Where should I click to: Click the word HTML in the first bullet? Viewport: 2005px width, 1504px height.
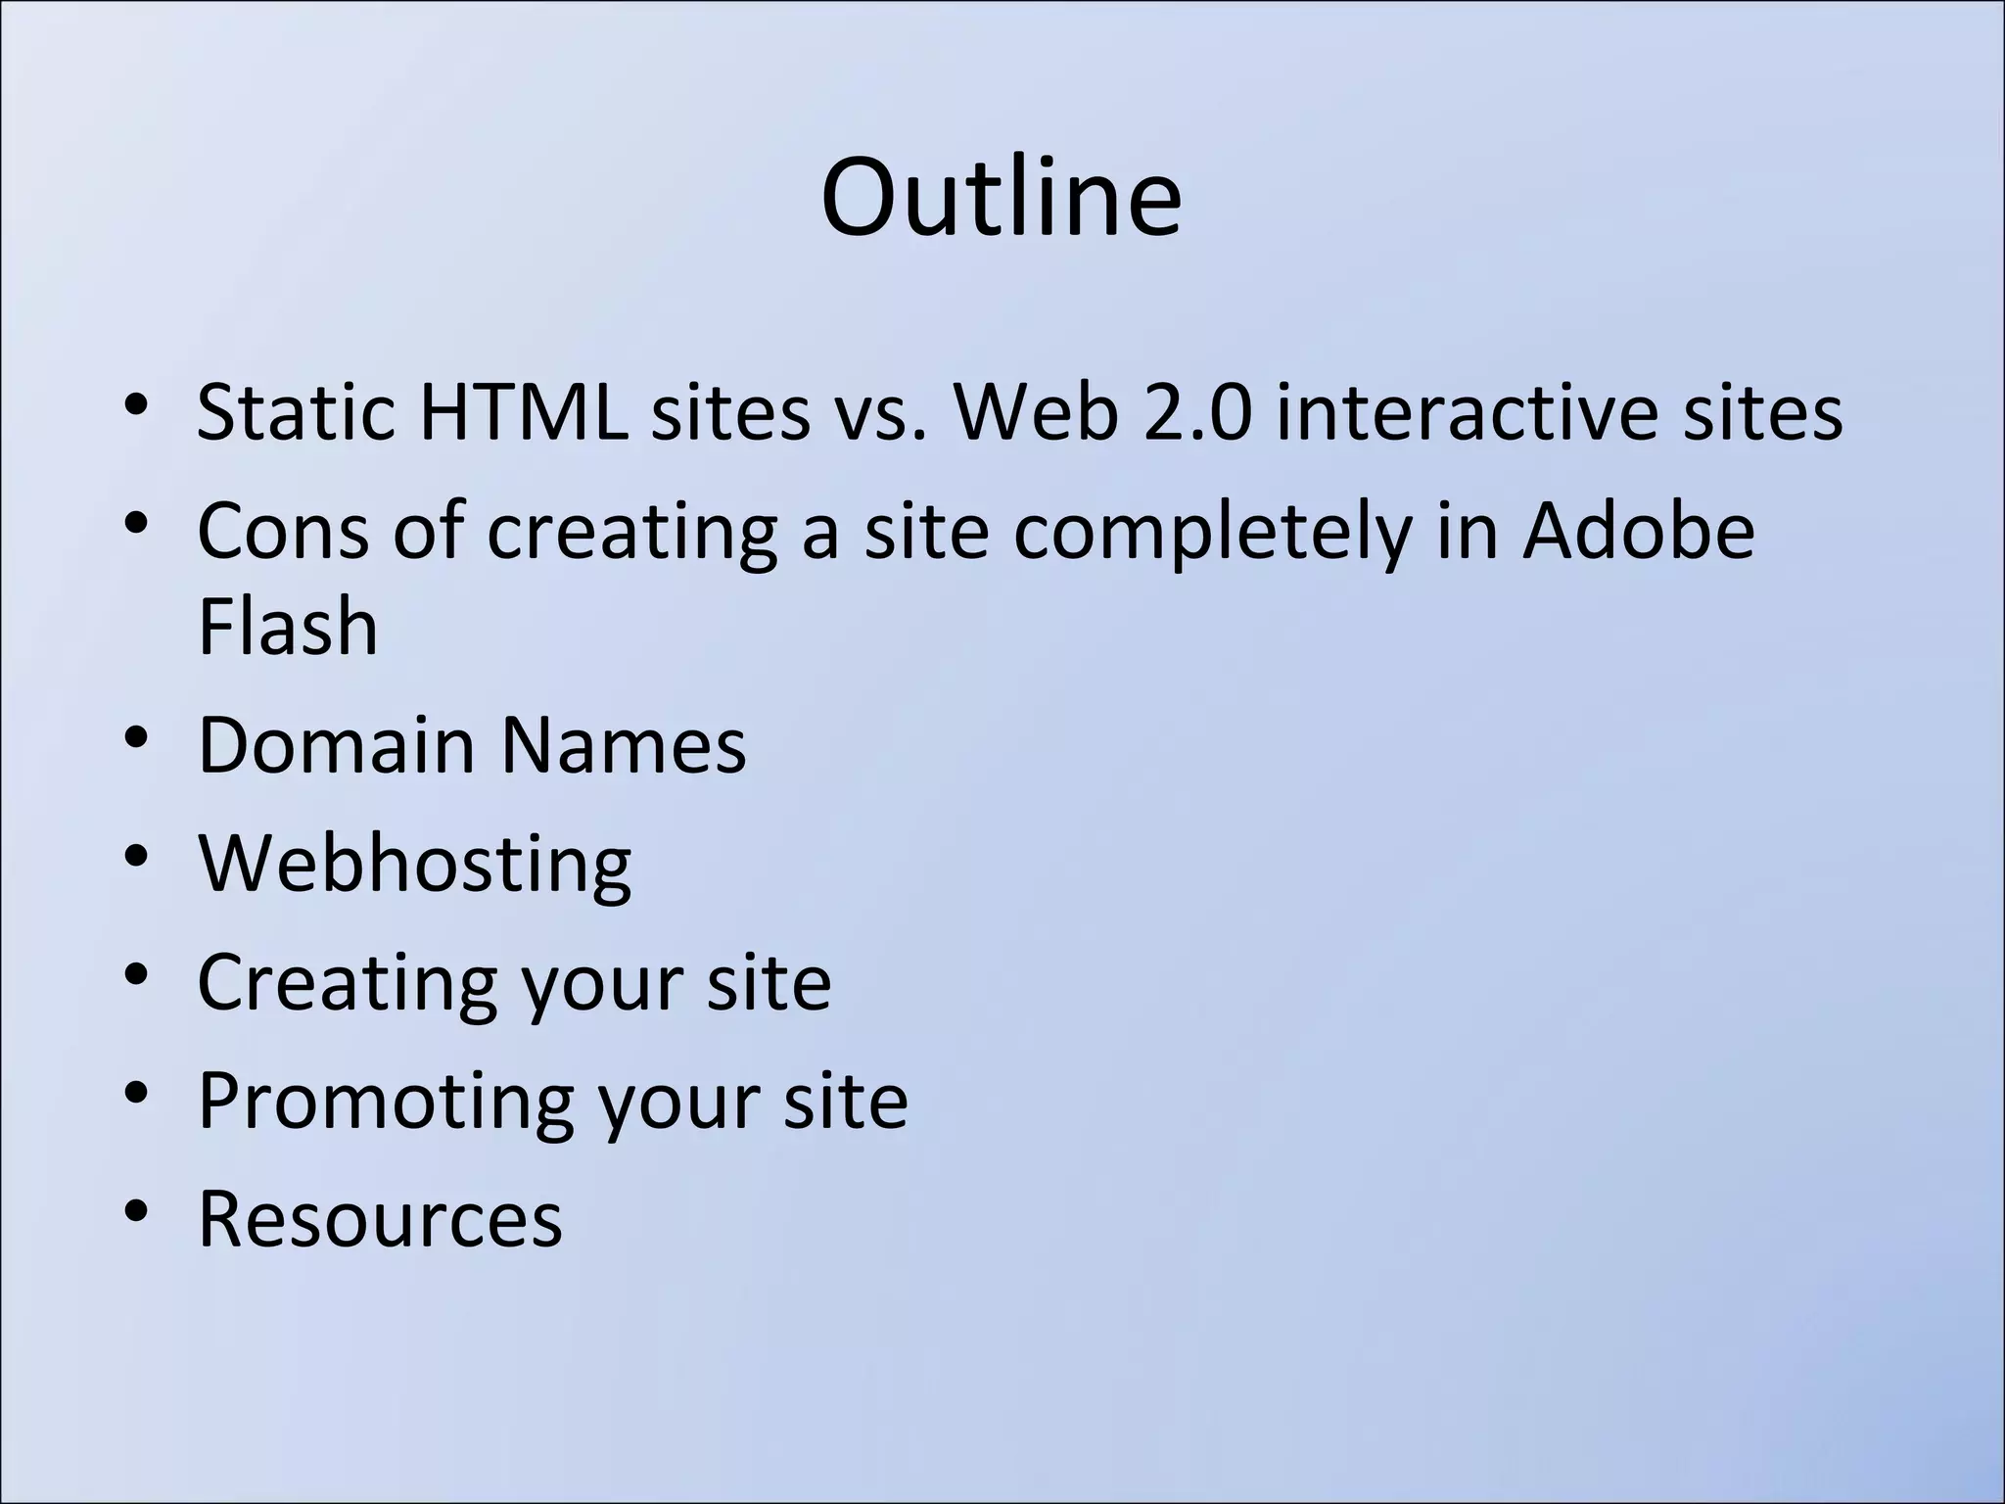pos(523,412)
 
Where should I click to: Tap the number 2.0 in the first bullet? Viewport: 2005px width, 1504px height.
pos(1197,412)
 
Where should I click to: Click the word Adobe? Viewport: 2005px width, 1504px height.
pos(1638,531)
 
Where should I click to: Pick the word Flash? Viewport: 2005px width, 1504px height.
pos(288,627)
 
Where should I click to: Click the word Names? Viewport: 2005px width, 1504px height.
pos(623,745)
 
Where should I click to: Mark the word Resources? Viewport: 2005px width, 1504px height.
pos(380,1219)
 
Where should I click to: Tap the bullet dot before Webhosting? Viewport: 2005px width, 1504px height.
pos(137,858)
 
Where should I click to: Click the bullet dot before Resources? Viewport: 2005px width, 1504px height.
pos(137,1212)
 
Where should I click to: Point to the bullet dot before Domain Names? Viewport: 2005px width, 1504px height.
pos(137,738)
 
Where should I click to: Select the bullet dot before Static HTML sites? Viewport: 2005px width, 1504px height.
pos(137,404)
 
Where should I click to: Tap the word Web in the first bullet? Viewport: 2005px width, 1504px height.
pos(1036,412)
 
